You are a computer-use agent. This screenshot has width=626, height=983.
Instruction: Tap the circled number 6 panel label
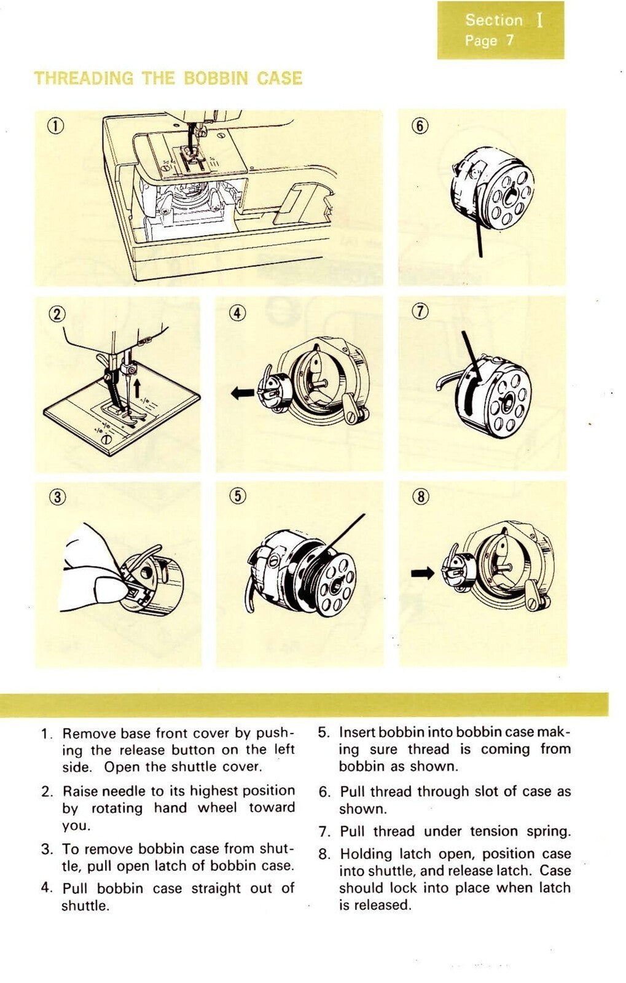419,126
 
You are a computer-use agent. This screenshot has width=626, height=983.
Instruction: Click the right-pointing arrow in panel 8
422,573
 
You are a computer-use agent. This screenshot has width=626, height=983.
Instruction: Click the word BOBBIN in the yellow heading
216,79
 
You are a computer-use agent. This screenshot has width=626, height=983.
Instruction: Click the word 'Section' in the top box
493,20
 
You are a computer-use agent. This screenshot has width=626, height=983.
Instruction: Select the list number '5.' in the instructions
324,733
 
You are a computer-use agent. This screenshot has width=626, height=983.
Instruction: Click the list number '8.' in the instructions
325,855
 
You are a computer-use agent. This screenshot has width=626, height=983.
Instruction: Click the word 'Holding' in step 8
366,854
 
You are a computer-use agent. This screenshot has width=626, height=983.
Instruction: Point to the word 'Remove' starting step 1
88,734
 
